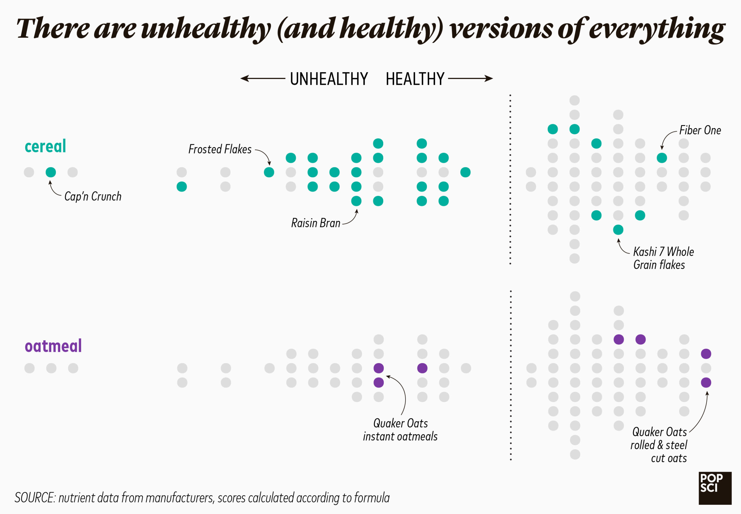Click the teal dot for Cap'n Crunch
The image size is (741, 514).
click(51, 172)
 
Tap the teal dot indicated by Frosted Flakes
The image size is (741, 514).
click(269, 172)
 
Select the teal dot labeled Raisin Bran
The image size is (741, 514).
click(356, 201)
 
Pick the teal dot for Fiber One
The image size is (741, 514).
click(661, 158)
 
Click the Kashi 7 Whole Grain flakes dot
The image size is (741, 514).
click(618, 230)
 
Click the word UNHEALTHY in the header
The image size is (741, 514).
click(328, 79)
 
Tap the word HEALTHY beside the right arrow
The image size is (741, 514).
click(414, 79)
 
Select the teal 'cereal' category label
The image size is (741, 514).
click(45, 146)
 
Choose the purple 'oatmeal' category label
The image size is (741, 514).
click(53, 346)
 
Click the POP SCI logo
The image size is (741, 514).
click(715, 488)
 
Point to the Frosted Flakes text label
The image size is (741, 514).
click(220, 149)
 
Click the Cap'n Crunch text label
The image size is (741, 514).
click(93, 196)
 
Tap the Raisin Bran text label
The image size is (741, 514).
click(316, 223)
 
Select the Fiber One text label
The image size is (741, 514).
click(700, 130)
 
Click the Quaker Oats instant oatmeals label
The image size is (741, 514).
click(400, 430)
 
